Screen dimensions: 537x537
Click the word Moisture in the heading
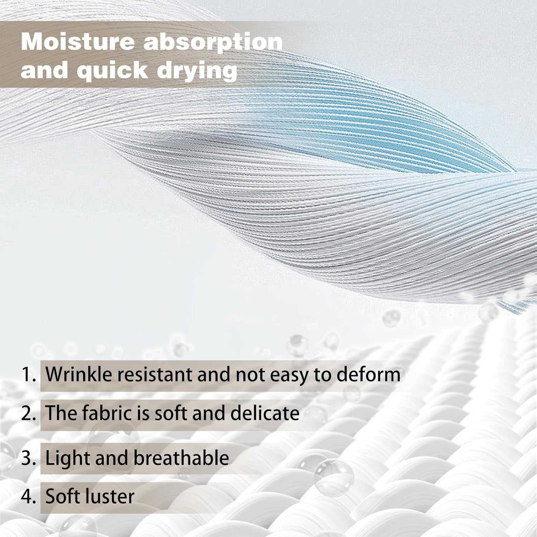[x=78, y=42]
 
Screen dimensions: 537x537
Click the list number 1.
[x=29, y=374]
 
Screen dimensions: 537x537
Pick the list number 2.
[x=29, y=413]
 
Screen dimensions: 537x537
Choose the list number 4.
[x=29, y=497]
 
